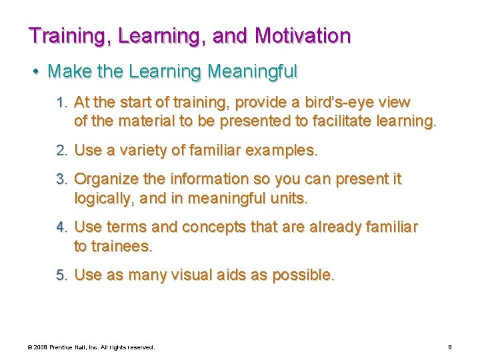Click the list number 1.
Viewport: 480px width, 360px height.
point(63,103)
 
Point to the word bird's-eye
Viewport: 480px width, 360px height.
point(335,103)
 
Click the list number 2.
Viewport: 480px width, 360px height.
point(63,151)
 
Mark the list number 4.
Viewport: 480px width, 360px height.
point(63,228)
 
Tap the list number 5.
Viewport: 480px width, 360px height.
point(63,275)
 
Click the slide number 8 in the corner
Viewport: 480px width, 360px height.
point(450,347)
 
